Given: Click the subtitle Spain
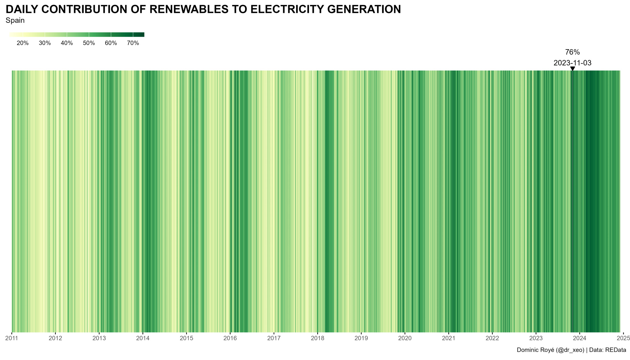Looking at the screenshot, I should tap(15, 21).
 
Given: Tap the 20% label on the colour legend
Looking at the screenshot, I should tap(23, 43).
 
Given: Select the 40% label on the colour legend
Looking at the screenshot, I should tap(67, 43).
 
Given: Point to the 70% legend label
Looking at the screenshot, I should tap(133, 43).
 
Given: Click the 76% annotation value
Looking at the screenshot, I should tap(572, 52).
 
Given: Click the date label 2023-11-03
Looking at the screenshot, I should tap(572, 63).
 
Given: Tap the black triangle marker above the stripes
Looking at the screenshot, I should tap(573, 68).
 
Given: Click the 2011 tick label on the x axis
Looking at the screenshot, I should tap(12, 338).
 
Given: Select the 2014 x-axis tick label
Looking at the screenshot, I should tap(143, 338).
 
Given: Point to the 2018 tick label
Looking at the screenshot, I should tap(318, 338).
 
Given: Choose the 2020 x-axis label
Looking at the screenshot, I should tap(405, 338).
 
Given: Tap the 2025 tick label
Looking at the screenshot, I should tap(623, 338).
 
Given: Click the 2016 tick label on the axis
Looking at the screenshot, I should tap(230, 338).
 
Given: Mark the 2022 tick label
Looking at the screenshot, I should tap(492, 338).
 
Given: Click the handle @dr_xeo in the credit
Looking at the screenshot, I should tap(570, 350).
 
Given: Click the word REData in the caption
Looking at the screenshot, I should tap(616, 350).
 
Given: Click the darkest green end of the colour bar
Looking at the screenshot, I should tap(141, 35).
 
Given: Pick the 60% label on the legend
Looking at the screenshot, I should tap(111, 43).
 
